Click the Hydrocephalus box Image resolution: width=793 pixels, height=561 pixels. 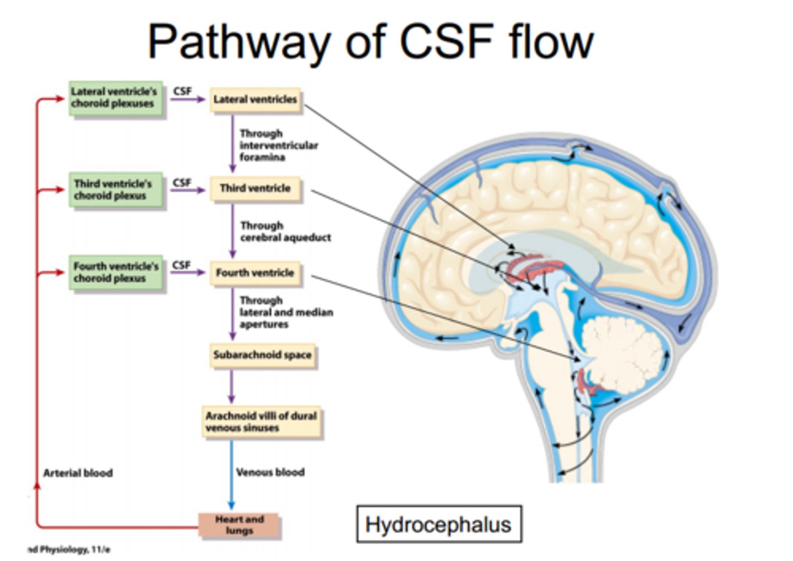439,524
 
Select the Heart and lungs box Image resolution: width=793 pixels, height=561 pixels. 239,525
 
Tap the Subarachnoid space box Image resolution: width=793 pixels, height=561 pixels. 262,355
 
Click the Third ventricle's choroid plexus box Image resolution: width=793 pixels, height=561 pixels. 116,190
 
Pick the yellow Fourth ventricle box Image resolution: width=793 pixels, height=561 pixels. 255,273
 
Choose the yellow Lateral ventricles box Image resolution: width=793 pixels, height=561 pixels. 255,100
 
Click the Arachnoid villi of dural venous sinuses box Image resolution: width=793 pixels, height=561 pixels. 261,422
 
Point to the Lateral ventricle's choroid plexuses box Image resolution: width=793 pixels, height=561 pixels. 116,98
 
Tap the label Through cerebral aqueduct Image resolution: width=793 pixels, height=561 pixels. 286,231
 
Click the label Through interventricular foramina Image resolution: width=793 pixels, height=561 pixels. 279,145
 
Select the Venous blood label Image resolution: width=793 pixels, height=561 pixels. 270,472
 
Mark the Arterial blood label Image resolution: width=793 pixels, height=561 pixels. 78,473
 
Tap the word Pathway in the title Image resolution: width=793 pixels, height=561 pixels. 240,42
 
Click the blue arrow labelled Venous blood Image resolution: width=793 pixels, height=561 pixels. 231,475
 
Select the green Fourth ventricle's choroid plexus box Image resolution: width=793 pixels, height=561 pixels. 116,273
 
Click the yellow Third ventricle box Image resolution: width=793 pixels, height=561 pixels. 255,188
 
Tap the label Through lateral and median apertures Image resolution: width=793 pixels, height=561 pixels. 286,312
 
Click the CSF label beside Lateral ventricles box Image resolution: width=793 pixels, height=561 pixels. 182,91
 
